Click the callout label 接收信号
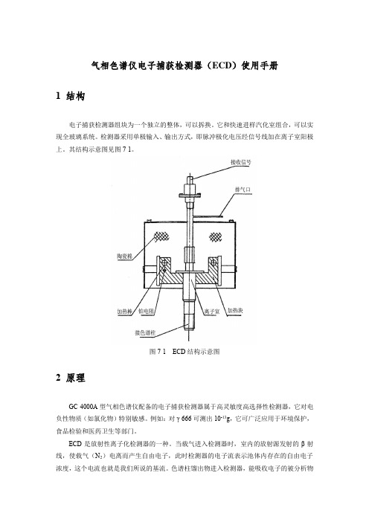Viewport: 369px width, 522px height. (x=241, y=162)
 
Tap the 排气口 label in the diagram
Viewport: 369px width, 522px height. (x=243, y=190)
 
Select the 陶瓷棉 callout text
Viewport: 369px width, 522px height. (x=124, y=256)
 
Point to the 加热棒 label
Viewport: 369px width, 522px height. (x=124, y=312)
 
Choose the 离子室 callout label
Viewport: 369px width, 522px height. (x=212, y=312)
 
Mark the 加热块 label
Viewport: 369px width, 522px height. (x=235, y=311)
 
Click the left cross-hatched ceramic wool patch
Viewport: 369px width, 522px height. (x=160, y=236)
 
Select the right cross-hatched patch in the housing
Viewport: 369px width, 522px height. (x=216, y=236)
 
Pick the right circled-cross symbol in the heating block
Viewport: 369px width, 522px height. (x=214, y=263)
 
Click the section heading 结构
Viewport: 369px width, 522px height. (x=76, y=96)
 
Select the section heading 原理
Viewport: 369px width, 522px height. (x=76, y=378)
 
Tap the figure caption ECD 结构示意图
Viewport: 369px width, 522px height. (x=196, y=352)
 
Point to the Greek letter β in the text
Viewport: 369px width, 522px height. (x=303, y=444)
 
